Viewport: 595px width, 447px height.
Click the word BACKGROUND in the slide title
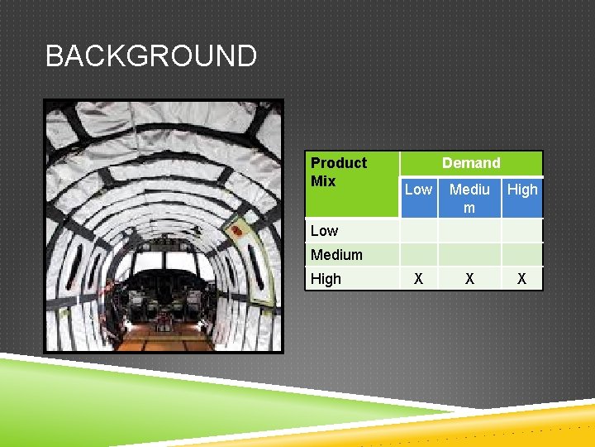(x=151, y=56)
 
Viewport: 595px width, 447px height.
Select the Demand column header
(x=471, y=163)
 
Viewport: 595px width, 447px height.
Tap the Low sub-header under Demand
(x=418, y=190)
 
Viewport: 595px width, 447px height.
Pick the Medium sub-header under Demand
(x=469, y=198)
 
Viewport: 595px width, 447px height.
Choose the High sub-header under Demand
(x=522, y=190)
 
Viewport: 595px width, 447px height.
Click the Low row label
(x=325, y=230)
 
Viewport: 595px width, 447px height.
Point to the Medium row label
(x=336, y=255)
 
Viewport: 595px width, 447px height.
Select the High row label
(x=326, y=279)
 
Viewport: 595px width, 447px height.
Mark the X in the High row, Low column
(x=418, y=279)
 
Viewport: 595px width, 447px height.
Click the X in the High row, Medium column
(x=469, y=279)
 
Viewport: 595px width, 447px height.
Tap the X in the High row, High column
(x=522, y=279)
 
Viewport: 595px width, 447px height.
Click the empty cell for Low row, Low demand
(x=418, y=230)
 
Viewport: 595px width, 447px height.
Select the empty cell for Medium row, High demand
(x=522, y=255)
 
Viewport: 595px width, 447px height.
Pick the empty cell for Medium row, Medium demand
(x=469, y=255)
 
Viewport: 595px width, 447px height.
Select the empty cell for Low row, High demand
(x=522, y=230)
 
